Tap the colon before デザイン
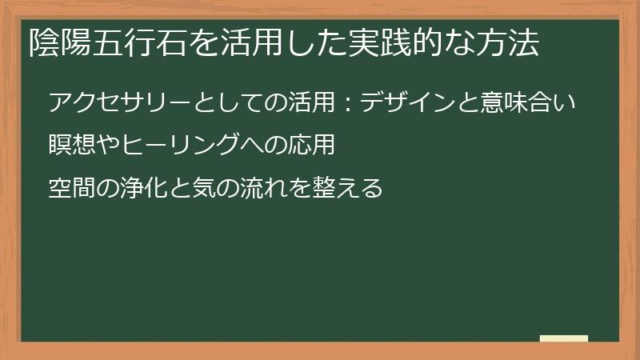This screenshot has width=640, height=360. tap(349, 104)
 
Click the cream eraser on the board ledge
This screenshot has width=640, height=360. tap(564, 338)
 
